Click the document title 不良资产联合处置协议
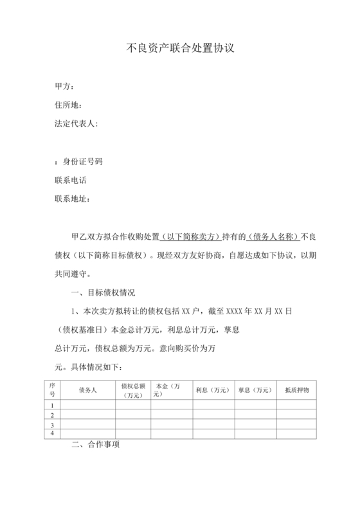[179, 48]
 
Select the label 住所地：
[69, 105]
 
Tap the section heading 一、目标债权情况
[104, 292]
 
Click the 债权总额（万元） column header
[133, 390]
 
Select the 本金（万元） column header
[168, 389]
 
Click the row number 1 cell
[51, 406]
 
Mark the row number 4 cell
[51, 434]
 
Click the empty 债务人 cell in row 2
[87, 415]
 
